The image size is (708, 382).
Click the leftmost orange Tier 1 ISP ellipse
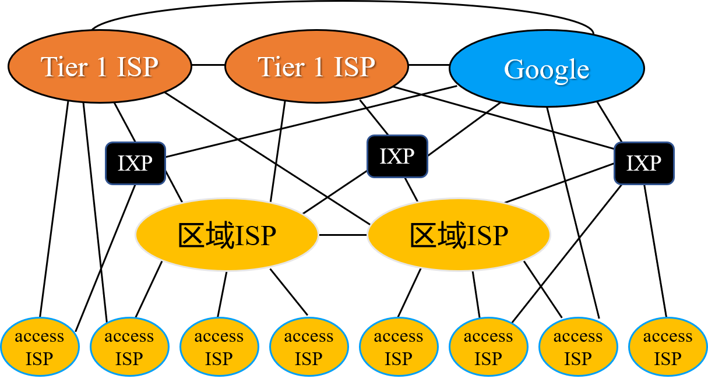(100, 66)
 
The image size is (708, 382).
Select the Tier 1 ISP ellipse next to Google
(316, 66)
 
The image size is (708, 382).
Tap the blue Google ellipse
(547, 69)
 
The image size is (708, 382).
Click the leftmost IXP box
(135, 164)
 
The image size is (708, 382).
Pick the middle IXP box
(397, 156)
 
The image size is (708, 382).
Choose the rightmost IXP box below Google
(644, 164)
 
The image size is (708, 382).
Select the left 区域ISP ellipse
(227, 235)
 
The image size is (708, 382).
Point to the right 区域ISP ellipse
(459, 235)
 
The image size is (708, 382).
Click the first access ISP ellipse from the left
(40, 347)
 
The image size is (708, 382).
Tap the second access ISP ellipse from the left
(129, 347)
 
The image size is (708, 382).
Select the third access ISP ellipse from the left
(219, 347)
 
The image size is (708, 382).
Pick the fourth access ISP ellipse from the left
(309, 347)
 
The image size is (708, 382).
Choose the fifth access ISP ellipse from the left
(399, 347)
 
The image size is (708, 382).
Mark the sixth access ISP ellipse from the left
(488, 347)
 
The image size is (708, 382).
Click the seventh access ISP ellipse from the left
(578, 347)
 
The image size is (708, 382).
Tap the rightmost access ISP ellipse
(668, 347)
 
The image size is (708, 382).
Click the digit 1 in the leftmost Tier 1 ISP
(102, 68)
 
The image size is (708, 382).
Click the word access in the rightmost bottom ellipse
(668, 337)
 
